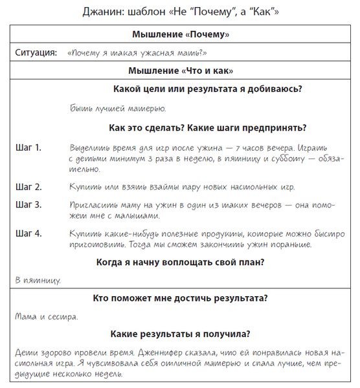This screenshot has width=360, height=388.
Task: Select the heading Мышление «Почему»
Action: [179, 35]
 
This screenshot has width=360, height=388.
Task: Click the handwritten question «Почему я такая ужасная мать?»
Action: [141, 53]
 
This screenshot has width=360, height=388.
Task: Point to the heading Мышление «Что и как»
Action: [179, 70]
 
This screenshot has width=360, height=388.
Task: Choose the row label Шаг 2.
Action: [28, 187]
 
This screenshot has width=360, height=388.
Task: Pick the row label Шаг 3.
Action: [28, 205]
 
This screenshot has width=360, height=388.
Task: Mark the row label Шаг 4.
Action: [28, 233]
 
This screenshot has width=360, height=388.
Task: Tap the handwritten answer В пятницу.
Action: [38, 280]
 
